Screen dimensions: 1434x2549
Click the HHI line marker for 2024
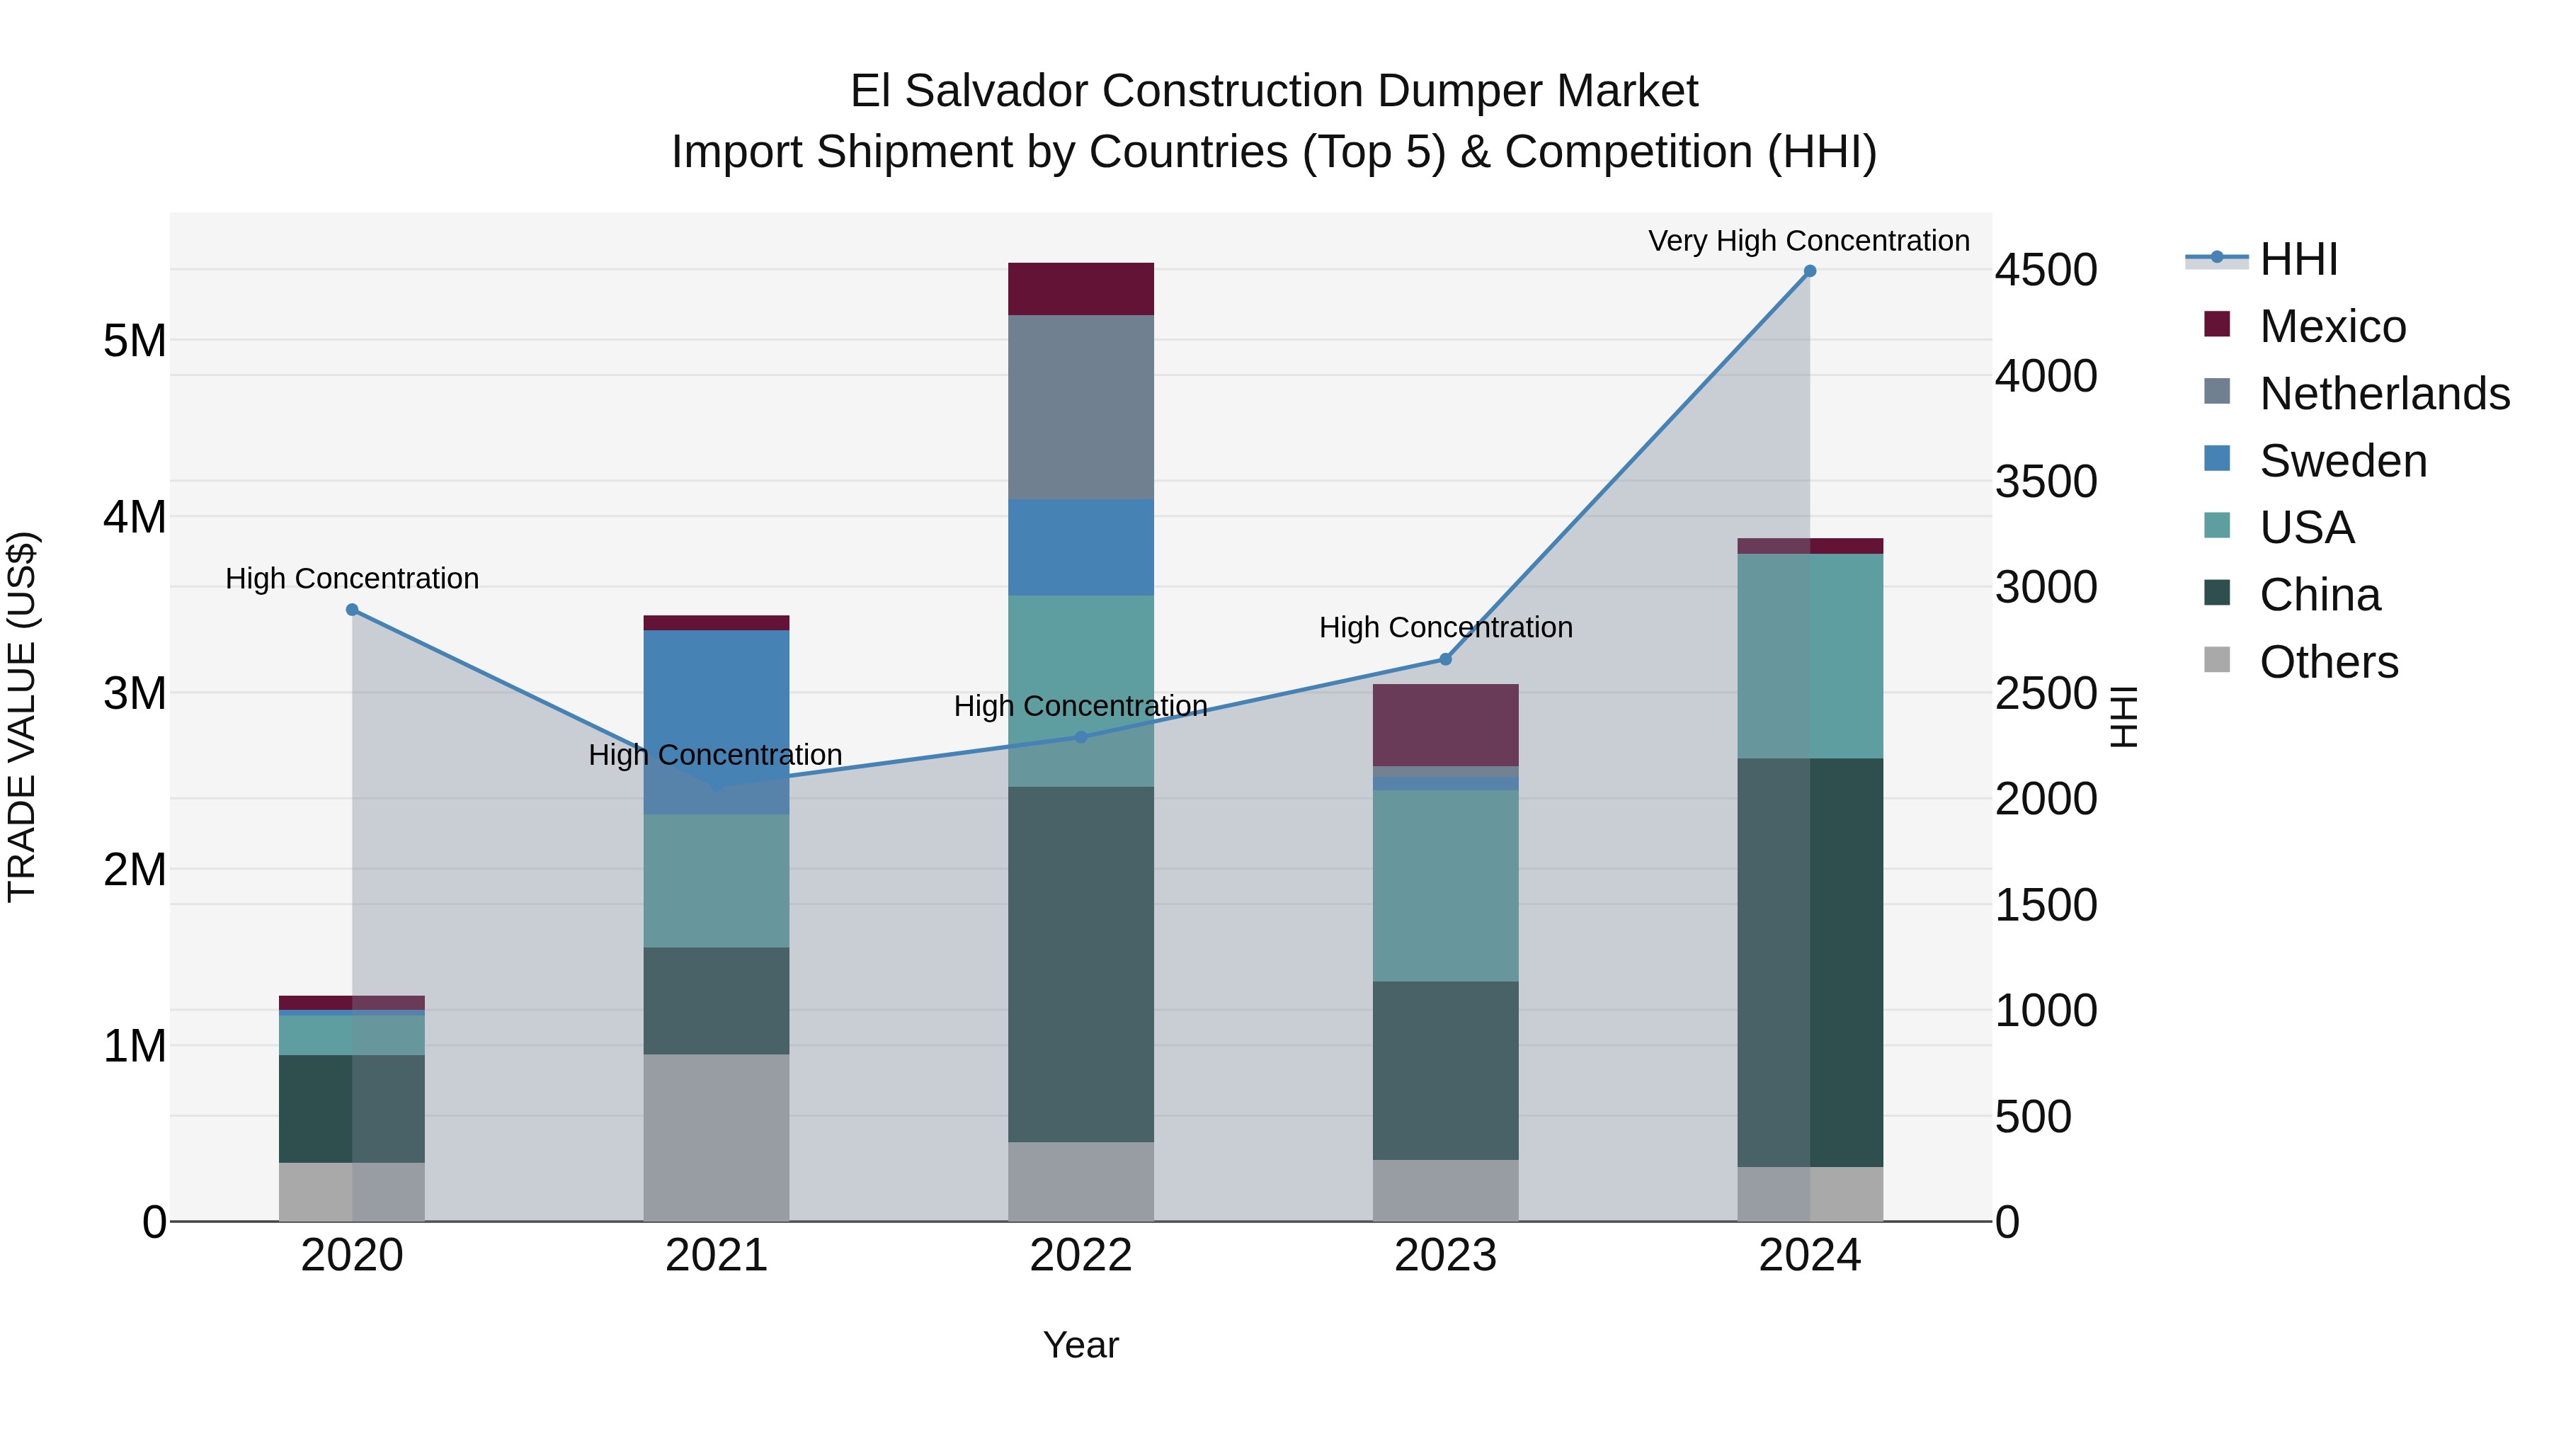[1809, 271]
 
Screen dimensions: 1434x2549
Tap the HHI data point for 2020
[353, 610]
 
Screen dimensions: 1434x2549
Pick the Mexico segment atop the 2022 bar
[1080, 289]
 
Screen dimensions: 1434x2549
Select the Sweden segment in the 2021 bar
[717, 722]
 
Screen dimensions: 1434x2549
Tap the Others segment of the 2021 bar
[717, 1137]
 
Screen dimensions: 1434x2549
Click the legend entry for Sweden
[2342, 461]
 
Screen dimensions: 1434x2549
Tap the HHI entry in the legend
[2298, 259]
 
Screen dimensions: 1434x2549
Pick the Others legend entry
[2328, 662]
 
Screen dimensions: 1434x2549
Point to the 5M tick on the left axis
[135, 341]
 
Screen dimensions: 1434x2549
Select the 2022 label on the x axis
[1080, 1256]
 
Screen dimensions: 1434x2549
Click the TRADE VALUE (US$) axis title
[22, 717]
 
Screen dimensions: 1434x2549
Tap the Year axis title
[1080, 1345]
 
